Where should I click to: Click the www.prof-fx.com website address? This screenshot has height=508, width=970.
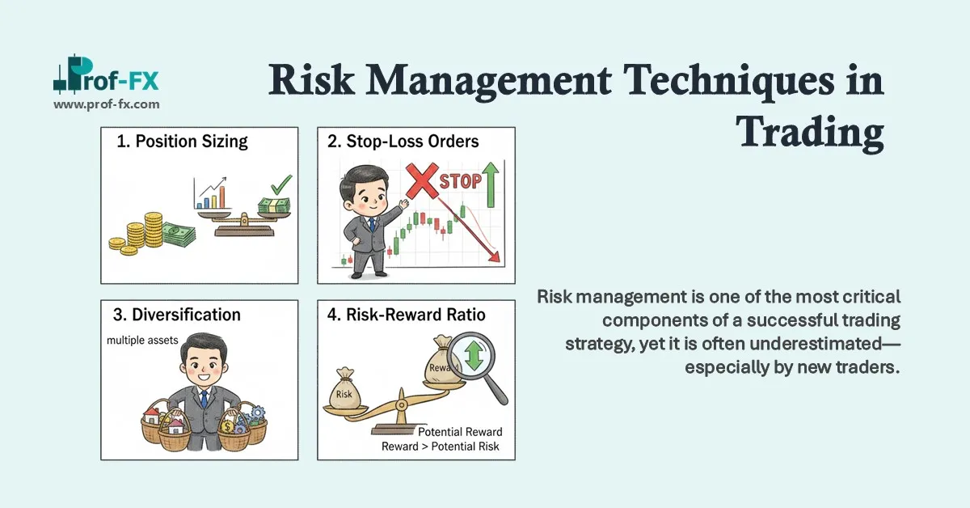[106, 104]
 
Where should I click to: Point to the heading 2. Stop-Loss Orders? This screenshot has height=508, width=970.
[403, 142]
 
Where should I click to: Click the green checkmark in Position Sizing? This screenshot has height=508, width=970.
[280, 184]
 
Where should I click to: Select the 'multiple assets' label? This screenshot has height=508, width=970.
[142, 341]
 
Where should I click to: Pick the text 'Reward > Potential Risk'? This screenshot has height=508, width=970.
[441, 446]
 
